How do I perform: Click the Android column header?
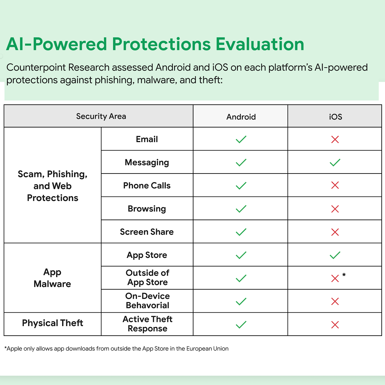coord(241,117)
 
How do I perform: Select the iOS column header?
coord(335,117)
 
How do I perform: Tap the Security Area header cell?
coord(101,116)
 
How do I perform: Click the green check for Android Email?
coord(241,139)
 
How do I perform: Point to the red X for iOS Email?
coord(335,139)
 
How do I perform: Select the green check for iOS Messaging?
coord(335,163)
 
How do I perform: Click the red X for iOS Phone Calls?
coord(335,185)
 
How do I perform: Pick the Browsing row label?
coord(147,209)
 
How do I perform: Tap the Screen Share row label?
coord(147,232)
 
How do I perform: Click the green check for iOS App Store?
coord(335,255)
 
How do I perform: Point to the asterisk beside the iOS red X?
coord(344,275)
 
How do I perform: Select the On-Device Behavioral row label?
coord(147,301)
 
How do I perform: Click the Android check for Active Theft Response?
coord(241,325)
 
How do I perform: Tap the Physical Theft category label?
coord(53,323)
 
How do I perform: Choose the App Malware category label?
coord(52,278)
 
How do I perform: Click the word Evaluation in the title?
coord(260,44)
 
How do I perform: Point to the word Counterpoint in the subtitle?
coord(36,67)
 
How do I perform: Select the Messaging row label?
coord(147,162)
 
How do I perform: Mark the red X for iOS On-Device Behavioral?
coord(335,302)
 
